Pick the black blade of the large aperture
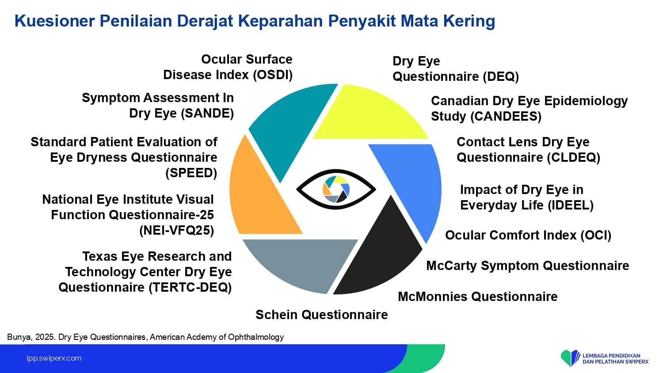[382, 255]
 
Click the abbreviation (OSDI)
[273, 75]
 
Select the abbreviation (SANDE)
[207, 114]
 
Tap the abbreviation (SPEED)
[191, 173]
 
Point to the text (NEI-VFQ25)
[176, 231]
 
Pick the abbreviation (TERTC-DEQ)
[190, 287]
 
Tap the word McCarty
[451, 266]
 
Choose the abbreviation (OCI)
[595, 236]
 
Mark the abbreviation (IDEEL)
[571, 205]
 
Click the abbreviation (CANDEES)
[506, 116]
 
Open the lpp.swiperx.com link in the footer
[54, 358]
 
